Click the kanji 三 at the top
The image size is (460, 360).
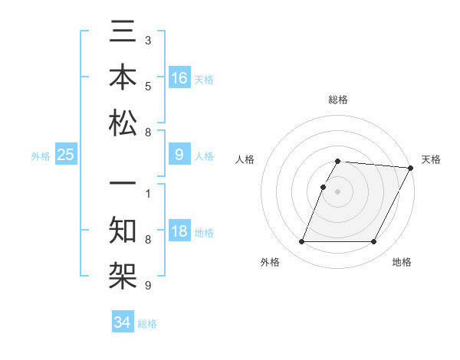[x=123, y=34]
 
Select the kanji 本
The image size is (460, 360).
[x=123, y=78]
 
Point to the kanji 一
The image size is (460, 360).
[x=123, y=187]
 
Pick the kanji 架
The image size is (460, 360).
[x=123, y=276]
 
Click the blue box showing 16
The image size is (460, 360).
[x=179, y=77]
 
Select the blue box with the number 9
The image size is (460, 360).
[x=179, y=155]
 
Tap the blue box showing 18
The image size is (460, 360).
[x=179, y=231]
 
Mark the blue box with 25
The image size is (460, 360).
[x=66, y=155]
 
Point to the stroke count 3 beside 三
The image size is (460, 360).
[x=147, y=38]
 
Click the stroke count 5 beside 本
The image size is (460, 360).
[x=147, y=86]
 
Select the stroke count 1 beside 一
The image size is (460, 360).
[x=147, y=193]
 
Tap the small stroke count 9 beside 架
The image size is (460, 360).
[x=147, y=286]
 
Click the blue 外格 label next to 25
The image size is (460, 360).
[x=41, y=156]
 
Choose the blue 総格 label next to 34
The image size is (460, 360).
[x=147, y=324]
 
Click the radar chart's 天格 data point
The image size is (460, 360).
[x=411, y=168]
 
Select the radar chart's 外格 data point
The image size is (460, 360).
[x=301, y=242]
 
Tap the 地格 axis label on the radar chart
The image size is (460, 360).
[x=402, y=263]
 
